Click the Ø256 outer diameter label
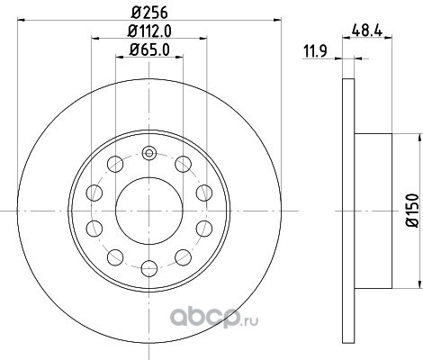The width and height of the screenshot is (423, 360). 149,13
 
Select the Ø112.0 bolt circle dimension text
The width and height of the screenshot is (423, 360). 149,31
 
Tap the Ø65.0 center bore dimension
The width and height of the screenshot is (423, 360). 149,49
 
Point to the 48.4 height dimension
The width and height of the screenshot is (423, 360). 367,31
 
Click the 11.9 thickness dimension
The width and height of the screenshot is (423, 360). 315,51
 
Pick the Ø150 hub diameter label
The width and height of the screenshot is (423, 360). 412,211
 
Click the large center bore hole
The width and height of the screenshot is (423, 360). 149,211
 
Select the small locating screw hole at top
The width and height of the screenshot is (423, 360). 149,153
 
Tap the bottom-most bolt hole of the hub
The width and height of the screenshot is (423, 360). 149,268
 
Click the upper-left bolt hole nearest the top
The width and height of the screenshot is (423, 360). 115,164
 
